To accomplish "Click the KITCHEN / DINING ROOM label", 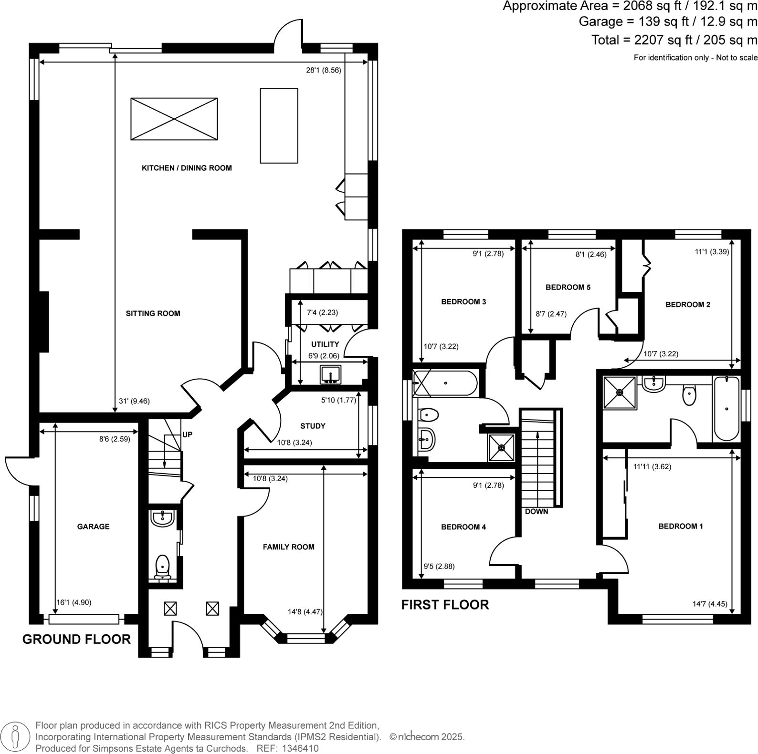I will [x=187, y=168].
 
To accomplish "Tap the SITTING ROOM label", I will [x=153, y=313].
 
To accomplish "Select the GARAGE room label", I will [x=94, y=527].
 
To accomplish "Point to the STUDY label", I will [x=313, y=426].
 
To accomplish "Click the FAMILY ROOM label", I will [x=288, y=547].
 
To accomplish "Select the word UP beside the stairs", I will [x=187, y=434].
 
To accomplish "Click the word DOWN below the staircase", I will [x=537, y=511].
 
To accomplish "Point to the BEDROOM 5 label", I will [x=568, y=287].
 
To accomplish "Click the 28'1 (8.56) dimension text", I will [x=324, y=70].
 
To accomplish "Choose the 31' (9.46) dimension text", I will [x=134, y=401].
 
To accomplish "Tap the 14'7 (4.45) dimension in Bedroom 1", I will [x=710, y=604].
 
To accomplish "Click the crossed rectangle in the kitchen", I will [x=174, y=119].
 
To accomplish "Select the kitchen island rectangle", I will [x=279, y=125].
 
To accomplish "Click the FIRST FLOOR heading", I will [x=445, y=605].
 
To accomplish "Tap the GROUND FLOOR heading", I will [x=76, y=639].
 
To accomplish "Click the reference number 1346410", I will [x=301, y=748].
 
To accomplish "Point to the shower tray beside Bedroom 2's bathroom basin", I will [x=620, y=392].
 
